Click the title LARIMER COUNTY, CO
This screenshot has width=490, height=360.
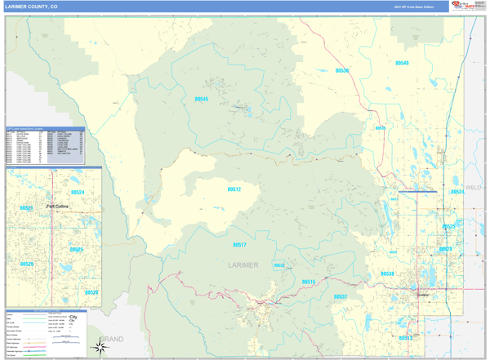pyautogui.click(x=31, y=6)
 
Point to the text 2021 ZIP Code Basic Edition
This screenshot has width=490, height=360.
pyautogui.click(x=414, y=7)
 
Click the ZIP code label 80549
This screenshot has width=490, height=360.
pyautogui.click(x=402, y=63)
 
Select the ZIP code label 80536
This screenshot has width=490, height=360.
pyautogui.click(x=341, y=70)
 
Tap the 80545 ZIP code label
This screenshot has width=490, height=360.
pyautogui.click(x=201, y=99)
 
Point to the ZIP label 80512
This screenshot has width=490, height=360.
pyautogui.click(x=234, y=189)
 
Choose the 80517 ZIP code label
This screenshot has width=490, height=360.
pyautogui.click(x=239, y=244)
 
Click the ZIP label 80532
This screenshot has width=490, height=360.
pyautogui.click(x=279, y=265)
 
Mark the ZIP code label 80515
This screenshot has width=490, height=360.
pyautogui.click(x=308, y=282)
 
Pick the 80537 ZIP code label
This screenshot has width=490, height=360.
pyautogui.click(x=341, y=296)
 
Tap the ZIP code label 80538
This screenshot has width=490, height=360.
pyautogui.click(x=387, y=274)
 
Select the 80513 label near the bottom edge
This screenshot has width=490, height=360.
pyautogui.click(x=405, y=336)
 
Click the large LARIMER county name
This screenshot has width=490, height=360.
pyautogui.click(x=243, y=265)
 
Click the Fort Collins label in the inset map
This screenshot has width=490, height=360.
pyautogui.click(x=59, y=206)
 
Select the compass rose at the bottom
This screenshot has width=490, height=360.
pyautogui.click(x=100, y=348)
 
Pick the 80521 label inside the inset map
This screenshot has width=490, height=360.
pyautogui.click(x=26, y=208)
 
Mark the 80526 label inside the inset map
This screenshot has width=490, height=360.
pyautogui.click(x=27, y=264)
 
